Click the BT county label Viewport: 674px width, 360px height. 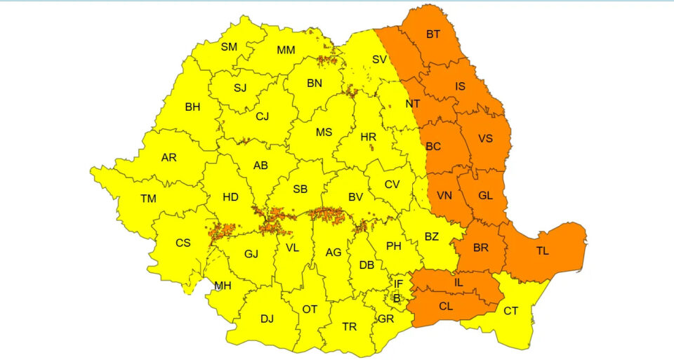(433, 34)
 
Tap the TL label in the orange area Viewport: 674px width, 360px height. (543, 250)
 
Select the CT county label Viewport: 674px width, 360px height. (511, 311)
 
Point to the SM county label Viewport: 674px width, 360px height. (229, 47)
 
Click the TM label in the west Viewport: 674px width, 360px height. (148, 199)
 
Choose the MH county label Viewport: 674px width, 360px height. (223, 286)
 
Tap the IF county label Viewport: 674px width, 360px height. (398, 284)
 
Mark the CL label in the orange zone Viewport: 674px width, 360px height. (446, 307)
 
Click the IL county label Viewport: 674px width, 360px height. (458, 282)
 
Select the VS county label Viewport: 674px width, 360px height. (485, 139)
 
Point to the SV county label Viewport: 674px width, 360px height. (379, 60)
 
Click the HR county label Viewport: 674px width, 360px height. (369, 138)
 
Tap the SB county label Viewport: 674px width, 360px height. (300, 189)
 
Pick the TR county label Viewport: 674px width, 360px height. (349, 327)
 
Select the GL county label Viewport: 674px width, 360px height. (485, 196)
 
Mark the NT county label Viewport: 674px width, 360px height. (413, 104)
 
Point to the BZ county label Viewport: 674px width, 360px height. (432, 237)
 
